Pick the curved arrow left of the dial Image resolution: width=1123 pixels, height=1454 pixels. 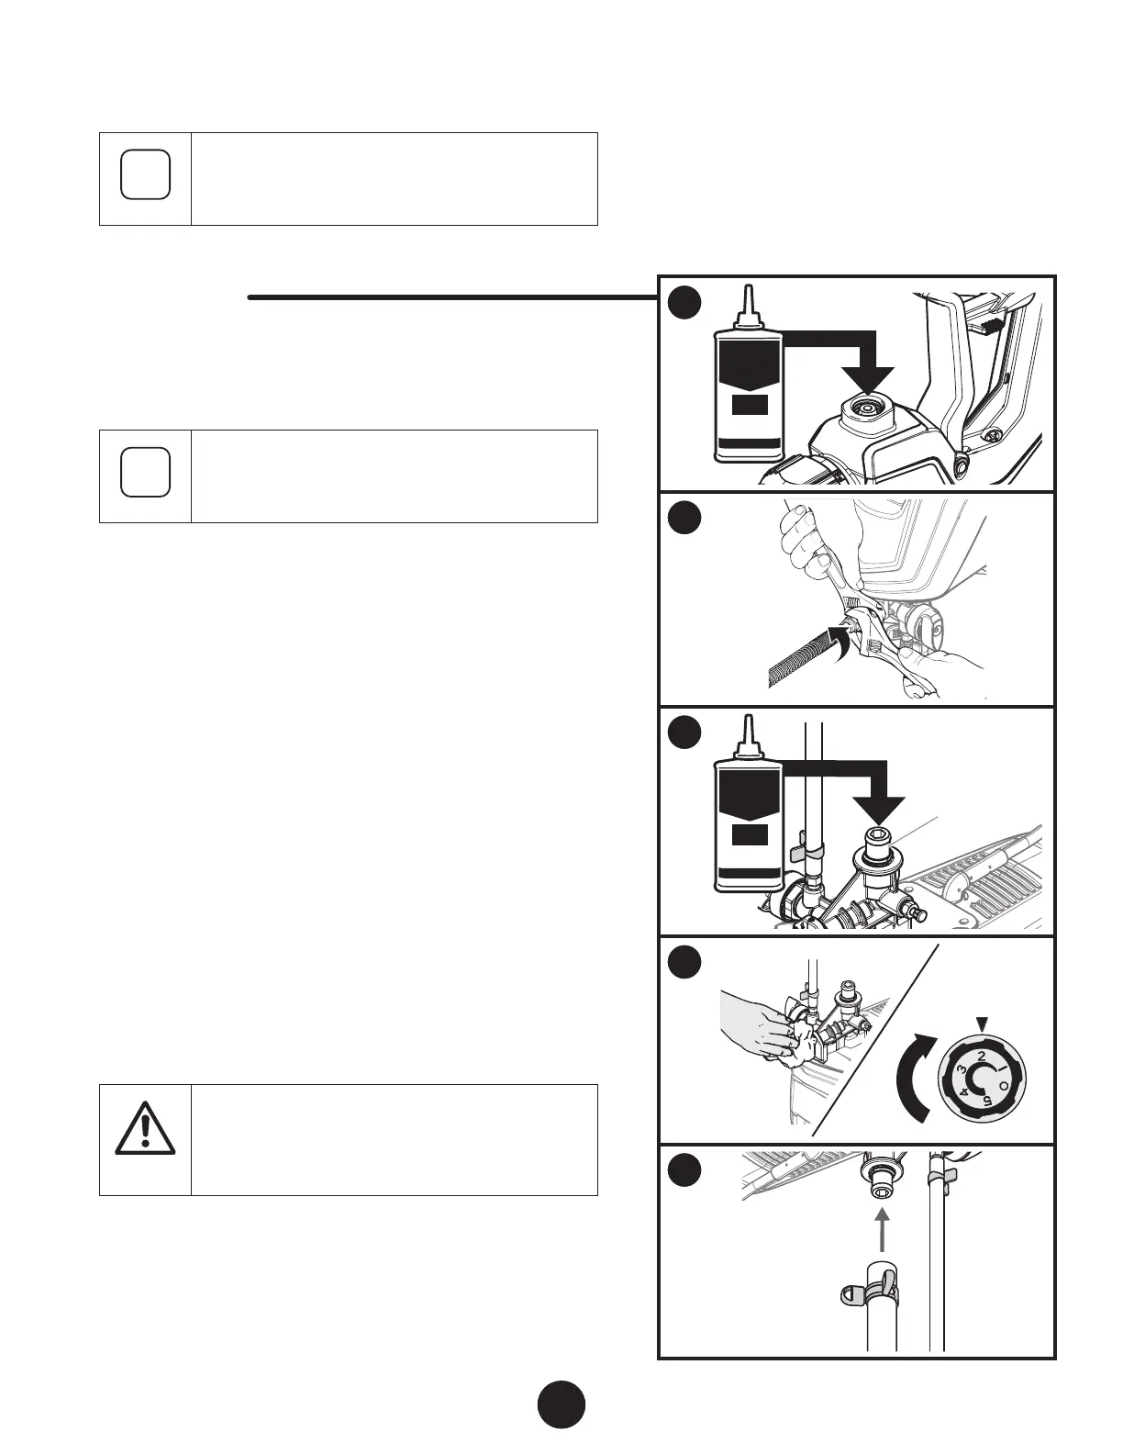pyautogui.click(x=917, y=1078)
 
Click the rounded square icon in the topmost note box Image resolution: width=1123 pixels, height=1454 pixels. pyautogui.click(x=145, y=173)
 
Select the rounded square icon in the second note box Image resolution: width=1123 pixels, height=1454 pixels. pyautogui.click(x=145, y=472)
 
